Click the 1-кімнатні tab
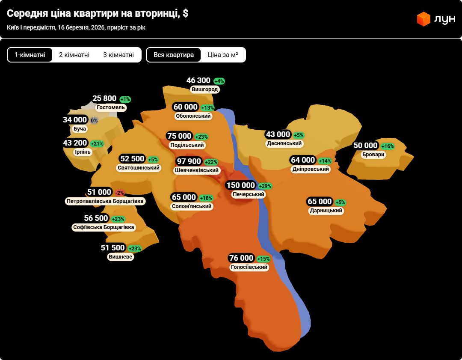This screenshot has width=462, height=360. [x=30, y=55]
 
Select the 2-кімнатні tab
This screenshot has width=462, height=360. [x=74, y=55]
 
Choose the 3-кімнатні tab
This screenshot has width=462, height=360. [x=118, y=55]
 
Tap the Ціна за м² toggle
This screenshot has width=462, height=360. [x=223, y=55]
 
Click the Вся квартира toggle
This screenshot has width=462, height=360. [x=174, y=55]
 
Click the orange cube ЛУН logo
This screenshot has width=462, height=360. [x=423, y=19]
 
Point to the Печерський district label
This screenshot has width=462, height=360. [x=249, y=194]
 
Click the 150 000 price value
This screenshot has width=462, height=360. [x=240, y=185]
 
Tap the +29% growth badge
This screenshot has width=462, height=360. [x=265, y=186]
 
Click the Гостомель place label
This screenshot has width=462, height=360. [x=111, y=107]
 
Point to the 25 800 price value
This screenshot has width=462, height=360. [x=104, y=98]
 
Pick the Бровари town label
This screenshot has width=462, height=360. [x=373, y=155]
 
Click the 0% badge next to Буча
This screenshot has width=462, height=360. [x=94, y=121]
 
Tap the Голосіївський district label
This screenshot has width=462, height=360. [x=249, y=268]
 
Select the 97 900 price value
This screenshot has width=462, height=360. [x=189, y=161]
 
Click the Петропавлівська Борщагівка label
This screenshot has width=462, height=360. [x=105, y=201]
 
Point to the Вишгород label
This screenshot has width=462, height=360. [x=205, y=89]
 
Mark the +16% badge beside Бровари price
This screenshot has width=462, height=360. [x=388, y=146]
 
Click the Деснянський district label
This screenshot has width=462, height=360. [x=284, y=143]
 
